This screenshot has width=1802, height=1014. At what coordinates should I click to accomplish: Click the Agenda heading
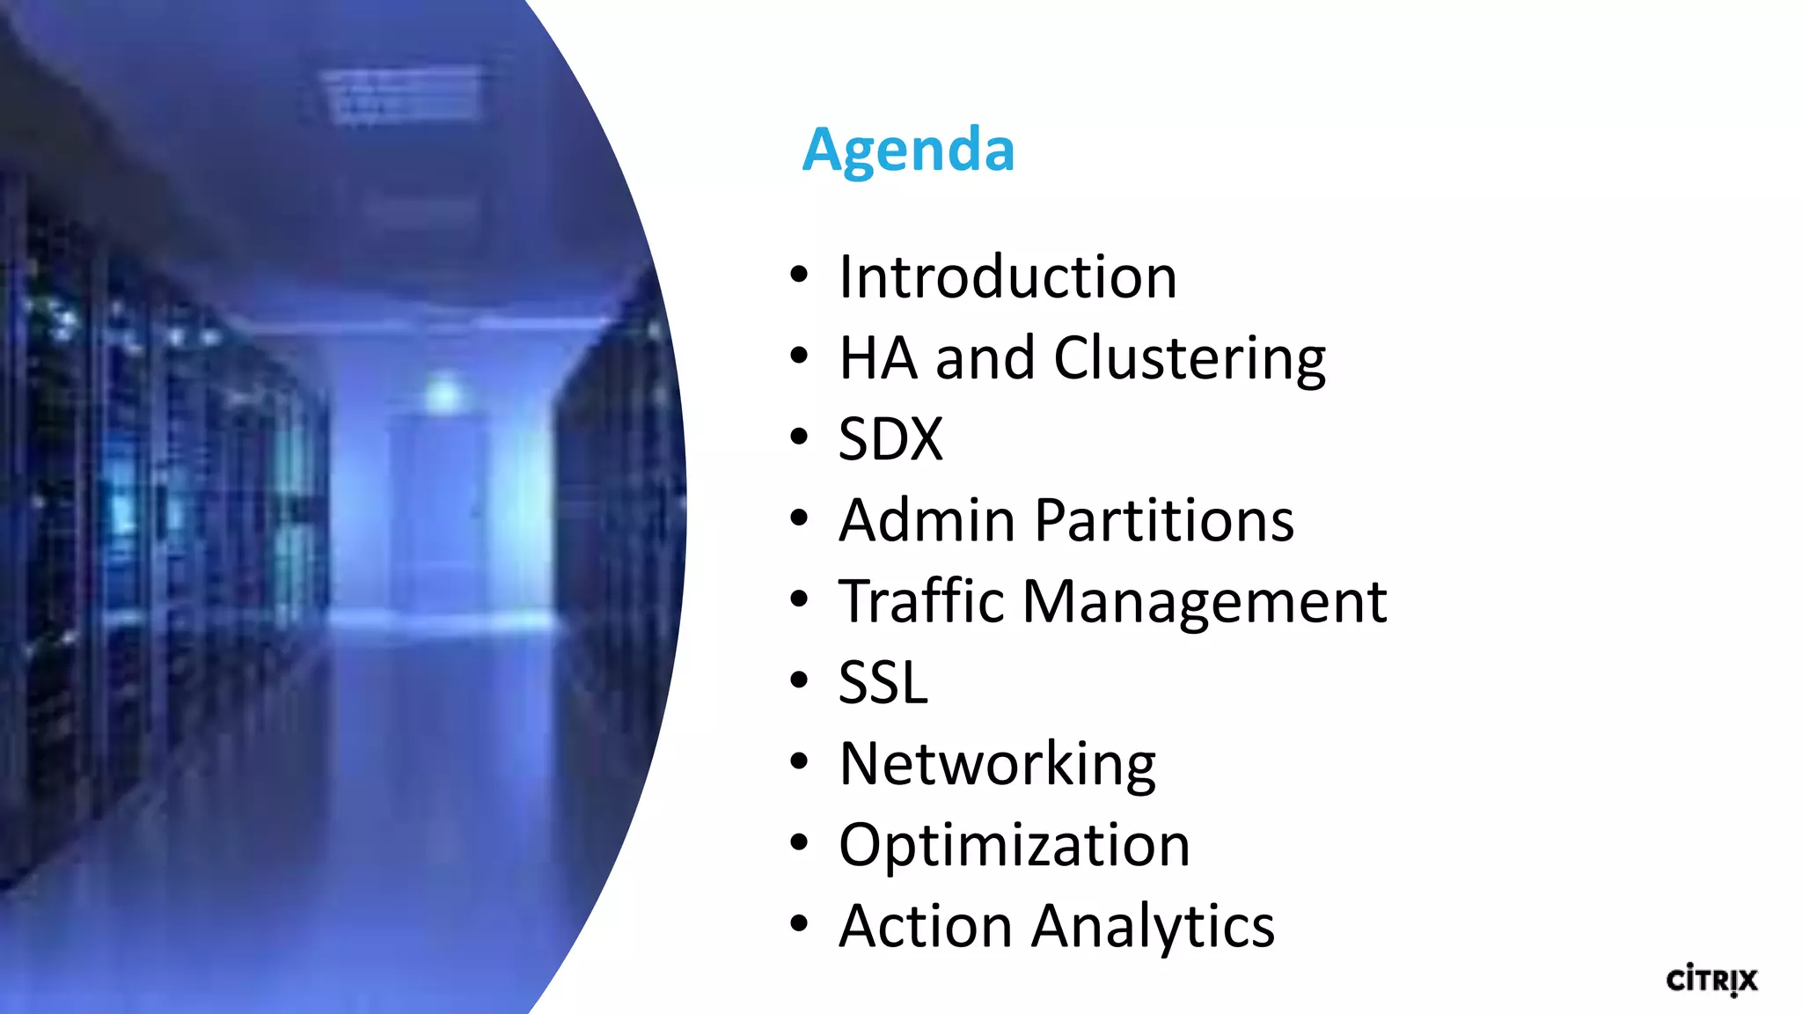pyautogui.click(x=908, y=150)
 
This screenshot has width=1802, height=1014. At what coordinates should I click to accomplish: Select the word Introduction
pyautogui.click(x=1007, y=277)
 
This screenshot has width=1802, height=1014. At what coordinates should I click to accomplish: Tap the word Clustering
pyautogui.click(x=1190, y=358)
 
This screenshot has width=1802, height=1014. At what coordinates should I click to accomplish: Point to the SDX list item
pyautogui.click(x=890, y=439)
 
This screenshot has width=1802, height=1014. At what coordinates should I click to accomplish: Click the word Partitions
pyautogui.click(x=1164, y=520)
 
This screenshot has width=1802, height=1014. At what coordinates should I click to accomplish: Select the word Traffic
pyautogui.click(x=921, y=601)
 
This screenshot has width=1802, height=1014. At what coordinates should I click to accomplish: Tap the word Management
pyautogui.click(x=1205, y=603)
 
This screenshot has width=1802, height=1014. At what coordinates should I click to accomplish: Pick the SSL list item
pyautogui.click(x=883, y=682)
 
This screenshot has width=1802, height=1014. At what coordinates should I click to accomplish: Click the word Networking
pyautogui.click(x=998, y=764)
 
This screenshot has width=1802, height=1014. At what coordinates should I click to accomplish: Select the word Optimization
pyautogui.click(x=1015, y=845)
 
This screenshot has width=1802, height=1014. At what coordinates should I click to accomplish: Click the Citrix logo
pyautogui.click(x=1711, y=980)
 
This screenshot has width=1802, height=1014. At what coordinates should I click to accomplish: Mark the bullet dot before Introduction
pyautogui.click(x=799, y=276)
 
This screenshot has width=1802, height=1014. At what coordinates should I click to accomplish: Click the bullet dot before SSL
pyautogui.click(x=799, y=680)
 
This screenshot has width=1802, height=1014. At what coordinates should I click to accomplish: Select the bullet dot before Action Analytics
pyautogui.click(x=799, y=924)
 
